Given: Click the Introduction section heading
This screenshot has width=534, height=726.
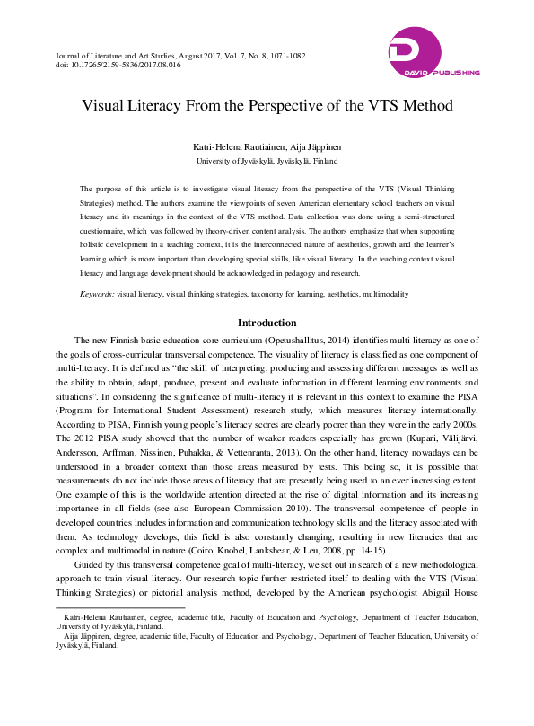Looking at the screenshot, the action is pyautogui.click(x=267, y=322).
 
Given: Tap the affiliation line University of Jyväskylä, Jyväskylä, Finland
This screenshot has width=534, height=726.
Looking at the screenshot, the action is pyautogui.click(x=267, y=161).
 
